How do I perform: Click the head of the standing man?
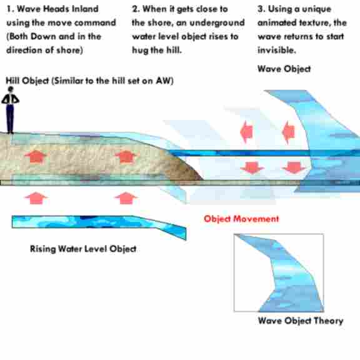click(11, 89)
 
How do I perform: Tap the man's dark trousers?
click(10, 119)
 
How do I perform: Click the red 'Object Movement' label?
click(241, 219)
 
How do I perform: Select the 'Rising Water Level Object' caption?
click(83, 249)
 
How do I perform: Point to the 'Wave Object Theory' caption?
click(301, 321)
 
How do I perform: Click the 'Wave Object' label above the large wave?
click(284, 69)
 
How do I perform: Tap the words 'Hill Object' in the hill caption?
click(27, 81)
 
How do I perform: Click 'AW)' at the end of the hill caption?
click(164, 81)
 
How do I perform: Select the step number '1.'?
click(10, 9)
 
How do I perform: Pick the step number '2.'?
click(136, 9)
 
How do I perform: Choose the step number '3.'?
click(261, 9)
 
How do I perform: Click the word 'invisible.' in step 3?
click(277, 50)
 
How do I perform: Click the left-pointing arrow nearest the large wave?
click(288, 132)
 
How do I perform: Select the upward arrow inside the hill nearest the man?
click(36, 157)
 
